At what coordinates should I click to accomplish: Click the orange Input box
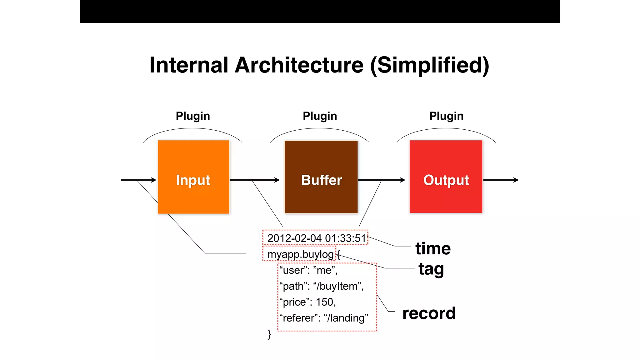click(x=193, y=177)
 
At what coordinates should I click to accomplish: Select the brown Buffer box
click(x=321, y=177)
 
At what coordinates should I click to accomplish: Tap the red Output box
click(x=446, y=177)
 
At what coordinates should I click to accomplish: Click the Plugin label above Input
click(x=193, y=116)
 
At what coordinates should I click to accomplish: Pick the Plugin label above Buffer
click(x=320, y=116)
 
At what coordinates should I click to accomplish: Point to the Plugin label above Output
click(x=446, y=116)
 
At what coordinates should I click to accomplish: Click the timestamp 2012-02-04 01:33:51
click(x=316, y=238)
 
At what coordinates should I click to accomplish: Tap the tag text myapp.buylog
click(x=300, y=254)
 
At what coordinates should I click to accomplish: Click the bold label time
click(x=433, y=249)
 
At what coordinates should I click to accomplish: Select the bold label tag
click(x=431, y=269)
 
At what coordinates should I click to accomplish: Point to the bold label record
click(x=429, y=313)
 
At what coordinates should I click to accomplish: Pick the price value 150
click(x=325, y=302)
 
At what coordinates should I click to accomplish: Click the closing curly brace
click(x=269, y=334)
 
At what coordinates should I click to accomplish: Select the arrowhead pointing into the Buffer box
click(x=277, y=180)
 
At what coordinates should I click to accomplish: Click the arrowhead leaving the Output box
click(x=516, y=180)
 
